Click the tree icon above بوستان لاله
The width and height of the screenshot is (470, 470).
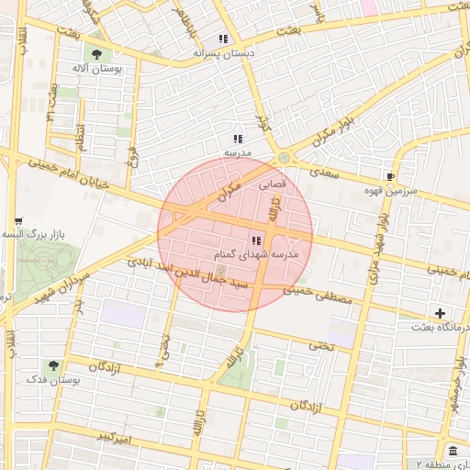(96, 54)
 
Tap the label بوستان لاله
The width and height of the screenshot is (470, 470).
(97, 69)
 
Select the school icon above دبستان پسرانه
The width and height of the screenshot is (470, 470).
(223, 39)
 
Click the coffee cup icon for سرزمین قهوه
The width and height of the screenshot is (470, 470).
(391, 176)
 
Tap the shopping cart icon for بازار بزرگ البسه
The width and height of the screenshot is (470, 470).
(18, 221)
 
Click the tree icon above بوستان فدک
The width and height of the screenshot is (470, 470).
(52, 365)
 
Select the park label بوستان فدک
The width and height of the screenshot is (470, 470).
(52, 379)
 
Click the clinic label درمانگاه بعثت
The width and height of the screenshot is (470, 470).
(435, 327)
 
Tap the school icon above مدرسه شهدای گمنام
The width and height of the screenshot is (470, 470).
(255, 241)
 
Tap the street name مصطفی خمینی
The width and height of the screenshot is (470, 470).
(318, 295)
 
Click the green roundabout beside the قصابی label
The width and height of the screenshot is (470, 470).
(285, 158)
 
